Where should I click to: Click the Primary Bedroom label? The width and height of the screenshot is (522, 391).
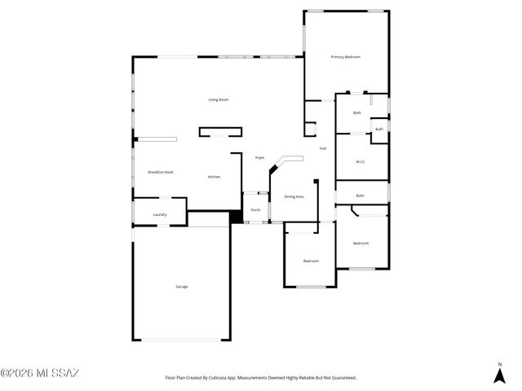click(x=345, y=57)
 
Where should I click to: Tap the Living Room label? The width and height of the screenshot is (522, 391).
click(x=218, y=99)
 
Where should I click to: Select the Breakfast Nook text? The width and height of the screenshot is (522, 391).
click(x=160, y=172)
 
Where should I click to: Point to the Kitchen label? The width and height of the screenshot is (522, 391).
click(x=214, y=177)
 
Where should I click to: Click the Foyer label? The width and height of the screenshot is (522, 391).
click(x=259, y=157)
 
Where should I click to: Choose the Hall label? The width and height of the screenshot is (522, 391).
click(x=323, y=148)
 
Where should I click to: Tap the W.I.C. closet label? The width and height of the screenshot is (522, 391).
click(x=360, y=161)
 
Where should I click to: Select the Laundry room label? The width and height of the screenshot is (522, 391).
click(x=160, y=215)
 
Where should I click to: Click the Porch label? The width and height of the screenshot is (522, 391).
click(x=255, y=209)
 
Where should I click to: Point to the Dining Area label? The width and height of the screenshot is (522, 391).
click(x=294, y=196)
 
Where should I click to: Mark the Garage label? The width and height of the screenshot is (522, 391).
click(x=181, y=286)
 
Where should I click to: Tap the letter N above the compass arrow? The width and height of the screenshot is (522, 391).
click(x=499, y=362)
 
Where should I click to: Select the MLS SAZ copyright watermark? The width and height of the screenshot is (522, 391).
click(x=40, y=374)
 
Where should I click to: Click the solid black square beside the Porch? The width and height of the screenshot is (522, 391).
click(x=236, y=217)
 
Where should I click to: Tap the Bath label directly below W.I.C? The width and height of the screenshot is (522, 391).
click(x=360, y=195)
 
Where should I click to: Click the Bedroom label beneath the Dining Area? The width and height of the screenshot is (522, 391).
click(x=311, y=261)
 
